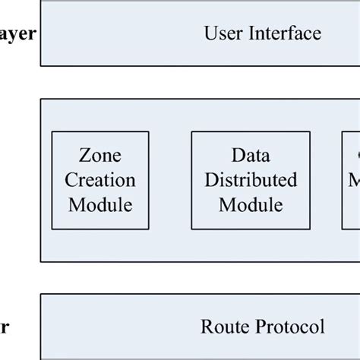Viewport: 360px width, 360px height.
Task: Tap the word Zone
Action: [x=99, y=156]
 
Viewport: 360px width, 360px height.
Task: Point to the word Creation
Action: [x=99, y=181]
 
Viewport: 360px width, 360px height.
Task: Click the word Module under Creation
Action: [x=99, y=205]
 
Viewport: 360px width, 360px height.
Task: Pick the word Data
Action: [x=250, y=156]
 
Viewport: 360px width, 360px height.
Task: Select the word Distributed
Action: [x=250, y=181]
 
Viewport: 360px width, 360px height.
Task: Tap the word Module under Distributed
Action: [x=250, y=205]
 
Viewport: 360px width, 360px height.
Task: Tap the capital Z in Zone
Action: [x=84, y=156]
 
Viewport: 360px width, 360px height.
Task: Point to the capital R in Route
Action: [x=207, y=327]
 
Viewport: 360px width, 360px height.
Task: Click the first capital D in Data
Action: [x=236, y=156]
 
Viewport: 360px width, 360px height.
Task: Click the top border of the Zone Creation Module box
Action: [x=99, y=133]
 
